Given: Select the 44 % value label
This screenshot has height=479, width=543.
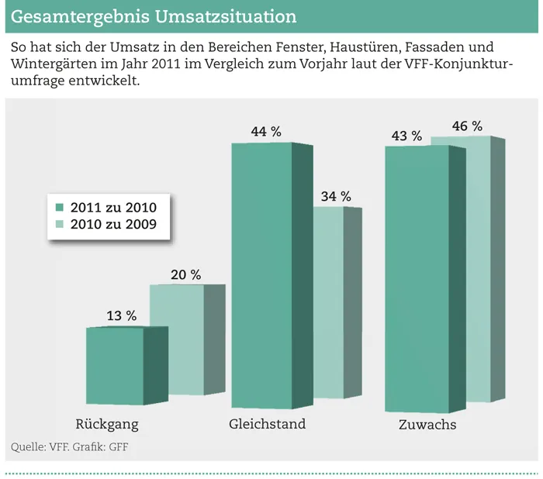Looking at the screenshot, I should pyautogui.click(x=265, y=132).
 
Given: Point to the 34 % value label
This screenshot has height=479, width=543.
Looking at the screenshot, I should pyautogui.click(x=335, y=196).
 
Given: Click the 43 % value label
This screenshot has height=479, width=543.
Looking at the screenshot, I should pyautogui.click(x=406, y=136).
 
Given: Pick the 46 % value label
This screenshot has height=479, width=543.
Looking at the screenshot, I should pyautogui.click(x=467, y=126).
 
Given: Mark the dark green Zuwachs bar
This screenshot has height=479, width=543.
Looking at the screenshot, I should pyautogui.click(x=417, y=279).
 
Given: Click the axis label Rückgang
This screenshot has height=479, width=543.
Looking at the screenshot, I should pyautogui.click(x=107, y=425).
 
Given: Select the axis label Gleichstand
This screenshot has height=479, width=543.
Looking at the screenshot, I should pyautogui.click(x=268, y=425).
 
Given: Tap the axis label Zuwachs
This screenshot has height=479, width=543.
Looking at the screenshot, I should pyautogui.click(x=427, y=425).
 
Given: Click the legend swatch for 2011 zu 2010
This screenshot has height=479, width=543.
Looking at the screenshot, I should pyautogui.click(x=60, y=208).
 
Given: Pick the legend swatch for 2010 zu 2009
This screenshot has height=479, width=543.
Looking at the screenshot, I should pyautogui.click(x=60, y=225).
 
